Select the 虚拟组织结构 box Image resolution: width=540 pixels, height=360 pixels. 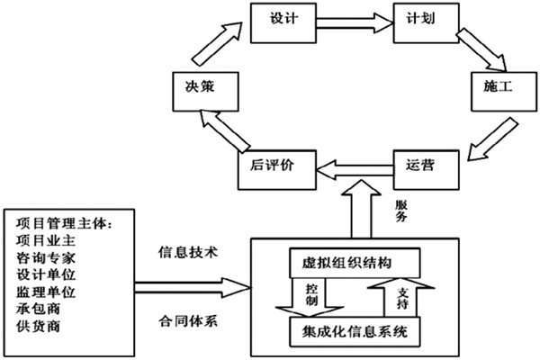pyautogui.click(x=354, y=264)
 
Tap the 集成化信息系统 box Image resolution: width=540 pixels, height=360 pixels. pyautogui.click(x=354, y=333)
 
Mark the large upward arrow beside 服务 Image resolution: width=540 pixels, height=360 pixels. pyautogui.click(x=365, y=209)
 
